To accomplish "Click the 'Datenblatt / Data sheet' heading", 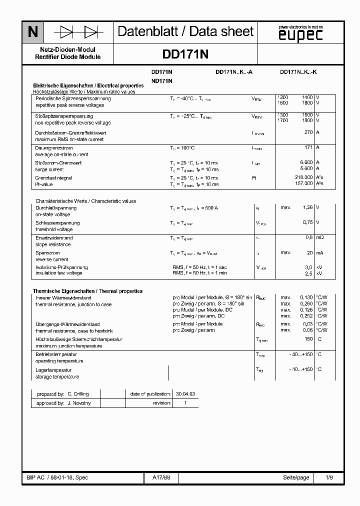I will pos(185,32).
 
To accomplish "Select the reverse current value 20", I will pos(309,252).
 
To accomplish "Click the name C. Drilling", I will pos(78,394).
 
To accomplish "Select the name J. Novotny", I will pos(78,403).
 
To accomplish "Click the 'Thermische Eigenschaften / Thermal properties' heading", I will pos(87,291).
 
